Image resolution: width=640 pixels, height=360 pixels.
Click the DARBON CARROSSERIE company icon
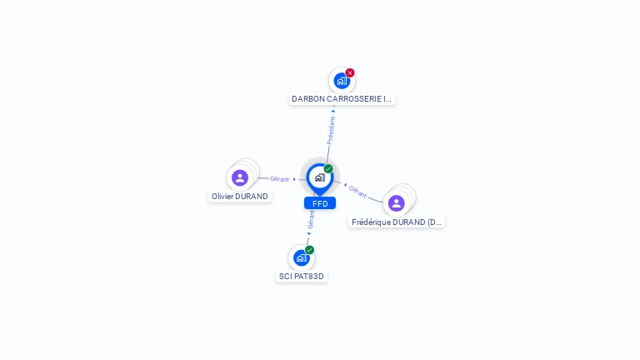point(341,81)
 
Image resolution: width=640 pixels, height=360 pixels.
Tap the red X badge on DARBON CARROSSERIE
point(350,72)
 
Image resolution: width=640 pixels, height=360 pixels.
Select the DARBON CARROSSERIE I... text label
point(341,98)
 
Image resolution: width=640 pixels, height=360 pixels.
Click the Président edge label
point(331,131)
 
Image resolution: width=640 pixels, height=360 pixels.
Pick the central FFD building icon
point(319,177)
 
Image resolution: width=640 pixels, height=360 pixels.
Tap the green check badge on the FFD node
point(328,168)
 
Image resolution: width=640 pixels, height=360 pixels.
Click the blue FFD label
point(320,203)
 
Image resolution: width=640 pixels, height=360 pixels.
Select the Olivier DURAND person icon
point(240,177)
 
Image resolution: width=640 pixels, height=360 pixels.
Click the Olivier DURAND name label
point(240,197)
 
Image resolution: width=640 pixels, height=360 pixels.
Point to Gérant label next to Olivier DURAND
point(279,178)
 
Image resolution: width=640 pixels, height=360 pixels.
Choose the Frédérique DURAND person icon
point(397,202)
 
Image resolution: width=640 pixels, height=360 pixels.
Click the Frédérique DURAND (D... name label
point(397,222)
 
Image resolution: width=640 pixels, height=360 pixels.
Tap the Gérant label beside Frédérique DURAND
point(358,190)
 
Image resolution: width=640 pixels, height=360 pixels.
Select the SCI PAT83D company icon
point(301,258)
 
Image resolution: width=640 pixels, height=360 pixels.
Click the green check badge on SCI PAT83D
point(309,250)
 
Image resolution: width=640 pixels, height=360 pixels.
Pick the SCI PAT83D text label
point(301,276)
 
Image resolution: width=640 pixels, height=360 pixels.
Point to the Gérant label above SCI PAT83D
point(311,219)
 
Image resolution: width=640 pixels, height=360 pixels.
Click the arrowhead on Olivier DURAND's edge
point(294,178)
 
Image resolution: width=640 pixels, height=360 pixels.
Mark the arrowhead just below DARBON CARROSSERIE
point(334,109)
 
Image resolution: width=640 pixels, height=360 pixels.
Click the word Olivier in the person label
point(222,197)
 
